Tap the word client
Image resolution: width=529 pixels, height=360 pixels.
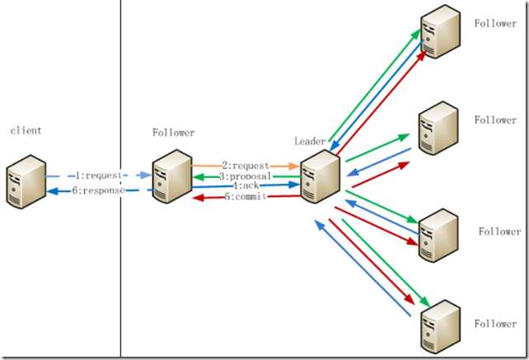[26, 130]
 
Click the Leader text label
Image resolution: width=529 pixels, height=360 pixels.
[311, 142]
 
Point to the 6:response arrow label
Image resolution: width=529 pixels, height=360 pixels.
[99, 190]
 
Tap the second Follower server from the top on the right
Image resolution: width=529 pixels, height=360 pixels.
[438, 127]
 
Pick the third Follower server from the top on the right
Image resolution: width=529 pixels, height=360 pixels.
[438, 236]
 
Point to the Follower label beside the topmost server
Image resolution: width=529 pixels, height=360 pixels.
[495, 23]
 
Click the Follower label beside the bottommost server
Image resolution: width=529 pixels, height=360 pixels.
[495, 324]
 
